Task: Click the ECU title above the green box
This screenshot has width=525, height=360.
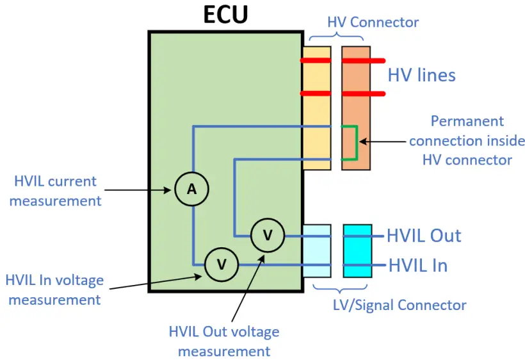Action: coord(225,14)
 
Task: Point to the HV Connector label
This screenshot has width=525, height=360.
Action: coord(373,22)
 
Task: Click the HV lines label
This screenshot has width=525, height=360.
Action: coord(421,75)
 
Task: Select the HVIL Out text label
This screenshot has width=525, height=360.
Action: coord(424,236)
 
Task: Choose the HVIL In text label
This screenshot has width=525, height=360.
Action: coord(418,266)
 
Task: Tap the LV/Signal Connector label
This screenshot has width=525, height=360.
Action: coord(400,305)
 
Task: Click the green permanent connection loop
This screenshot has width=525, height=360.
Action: coord(357,143)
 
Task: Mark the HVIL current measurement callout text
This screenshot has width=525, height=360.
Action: coord(55,191)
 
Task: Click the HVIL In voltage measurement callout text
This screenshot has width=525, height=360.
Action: coord(54,290)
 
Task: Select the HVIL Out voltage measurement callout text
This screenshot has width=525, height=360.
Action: coord(224,341)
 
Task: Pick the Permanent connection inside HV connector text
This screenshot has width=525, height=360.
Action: coord(467,141)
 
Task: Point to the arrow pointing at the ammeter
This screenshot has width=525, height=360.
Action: coord(138,190)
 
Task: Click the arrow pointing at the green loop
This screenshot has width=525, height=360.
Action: coord(382,142)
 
